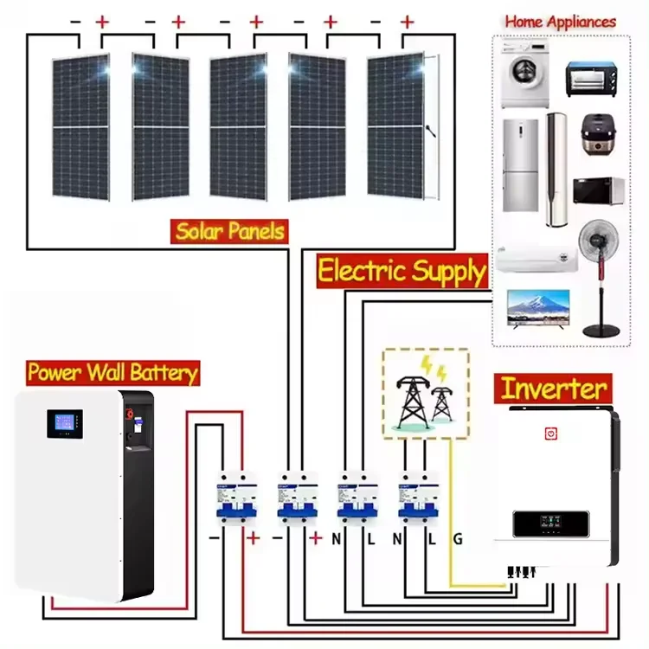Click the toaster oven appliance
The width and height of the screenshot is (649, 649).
(594, 79)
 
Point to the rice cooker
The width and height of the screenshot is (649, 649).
(596, 134)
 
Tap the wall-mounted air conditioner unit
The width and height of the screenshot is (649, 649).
(536, 257)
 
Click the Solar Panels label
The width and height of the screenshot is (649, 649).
(229, 231)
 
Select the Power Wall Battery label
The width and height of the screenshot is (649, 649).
(112, 372)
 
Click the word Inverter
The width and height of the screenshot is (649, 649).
(555, 388)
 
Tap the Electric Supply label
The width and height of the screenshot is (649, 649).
(402, 272)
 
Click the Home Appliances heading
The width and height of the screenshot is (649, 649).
(560, 21)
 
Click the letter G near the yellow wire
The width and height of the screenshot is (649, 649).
(458, 539)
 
